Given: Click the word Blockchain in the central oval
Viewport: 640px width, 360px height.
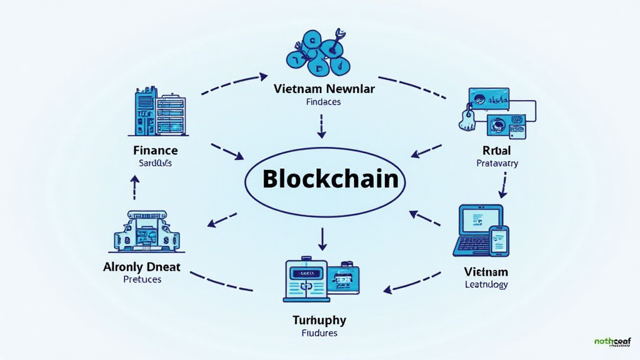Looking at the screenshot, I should coord(331,179).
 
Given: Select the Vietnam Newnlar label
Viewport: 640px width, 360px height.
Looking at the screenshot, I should coord(324,89).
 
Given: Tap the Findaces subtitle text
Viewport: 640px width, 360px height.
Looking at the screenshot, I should coord(323,102).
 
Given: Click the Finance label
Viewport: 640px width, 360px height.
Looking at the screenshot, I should coord(156,151).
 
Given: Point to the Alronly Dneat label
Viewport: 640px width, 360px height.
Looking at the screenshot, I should coord(142,267).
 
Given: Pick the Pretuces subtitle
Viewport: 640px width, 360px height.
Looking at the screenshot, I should coord(142,279).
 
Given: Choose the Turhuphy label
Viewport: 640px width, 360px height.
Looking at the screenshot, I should coord(319,320).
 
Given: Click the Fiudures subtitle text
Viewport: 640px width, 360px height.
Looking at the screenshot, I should coord(319,333).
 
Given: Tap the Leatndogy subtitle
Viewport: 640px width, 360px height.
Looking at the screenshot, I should coord(486,284).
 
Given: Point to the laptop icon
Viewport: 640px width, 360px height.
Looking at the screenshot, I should coord(475,229).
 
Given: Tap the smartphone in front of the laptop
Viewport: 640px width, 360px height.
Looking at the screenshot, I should coord(499,241).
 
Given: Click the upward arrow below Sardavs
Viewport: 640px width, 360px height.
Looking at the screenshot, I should coord(134,186).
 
